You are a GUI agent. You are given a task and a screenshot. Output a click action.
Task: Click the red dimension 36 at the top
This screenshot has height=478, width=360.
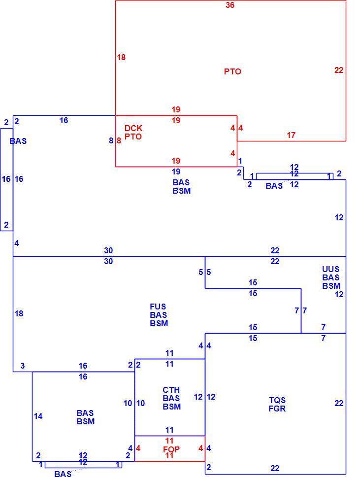point(230,5)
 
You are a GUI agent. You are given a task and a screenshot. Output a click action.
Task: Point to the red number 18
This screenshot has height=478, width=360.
point(121,57)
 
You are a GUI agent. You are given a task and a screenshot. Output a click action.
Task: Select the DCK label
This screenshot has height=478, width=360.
point(133,128)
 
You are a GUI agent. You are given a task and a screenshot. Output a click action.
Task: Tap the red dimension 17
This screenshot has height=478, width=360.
point(291,135)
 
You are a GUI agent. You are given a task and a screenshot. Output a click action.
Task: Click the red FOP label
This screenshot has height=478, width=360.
point(171,449)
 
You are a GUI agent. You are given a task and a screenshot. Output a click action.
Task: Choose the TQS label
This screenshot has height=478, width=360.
point(277,400)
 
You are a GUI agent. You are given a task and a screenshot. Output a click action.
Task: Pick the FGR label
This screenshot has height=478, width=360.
point(277,409)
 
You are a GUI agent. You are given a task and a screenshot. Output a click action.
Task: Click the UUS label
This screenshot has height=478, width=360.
point(331,269)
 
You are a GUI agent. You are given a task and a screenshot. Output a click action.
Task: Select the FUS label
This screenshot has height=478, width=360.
point(158,307)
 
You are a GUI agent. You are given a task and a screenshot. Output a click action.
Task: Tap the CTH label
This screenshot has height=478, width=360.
point(171,390)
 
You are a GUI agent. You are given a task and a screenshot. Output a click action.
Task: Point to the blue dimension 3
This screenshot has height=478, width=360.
point(23,366)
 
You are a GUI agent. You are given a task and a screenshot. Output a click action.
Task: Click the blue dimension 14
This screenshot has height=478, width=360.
point(38,416)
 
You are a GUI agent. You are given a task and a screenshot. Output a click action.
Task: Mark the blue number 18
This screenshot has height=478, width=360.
point(19,314)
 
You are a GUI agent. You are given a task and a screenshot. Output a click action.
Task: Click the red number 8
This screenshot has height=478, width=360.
point(119,141)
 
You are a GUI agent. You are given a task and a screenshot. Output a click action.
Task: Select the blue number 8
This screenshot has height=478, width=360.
point(111,140)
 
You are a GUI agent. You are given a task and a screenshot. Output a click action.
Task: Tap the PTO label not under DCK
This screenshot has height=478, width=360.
point(232,71)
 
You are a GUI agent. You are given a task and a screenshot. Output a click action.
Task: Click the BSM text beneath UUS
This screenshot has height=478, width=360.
point(331,286)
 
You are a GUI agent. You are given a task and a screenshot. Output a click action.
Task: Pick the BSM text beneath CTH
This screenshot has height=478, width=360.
point(172,407)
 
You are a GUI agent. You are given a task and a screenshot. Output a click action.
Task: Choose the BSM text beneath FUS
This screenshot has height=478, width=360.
point(159,323)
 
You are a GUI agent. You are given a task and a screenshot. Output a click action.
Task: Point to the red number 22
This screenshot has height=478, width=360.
point(339,70)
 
